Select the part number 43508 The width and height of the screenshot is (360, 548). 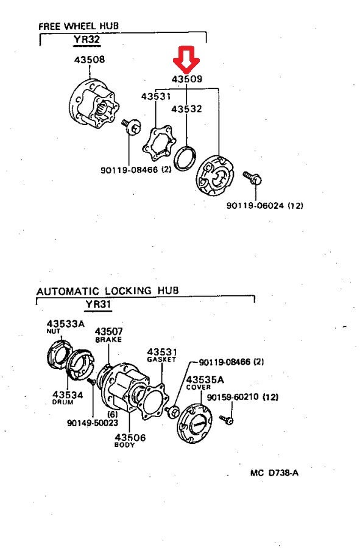pyautogui.click(x=90, y=60)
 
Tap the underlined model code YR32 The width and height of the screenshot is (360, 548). pyautogui.click(x=87, y=40)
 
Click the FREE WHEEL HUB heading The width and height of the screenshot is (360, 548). pyautogui.click(x=79, y=26)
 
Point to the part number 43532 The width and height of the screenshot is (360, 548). pyautogui.click(x=186, y=109)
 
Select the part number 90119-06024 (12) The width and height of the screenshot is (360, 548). pyautogui.click(x=264, y=206)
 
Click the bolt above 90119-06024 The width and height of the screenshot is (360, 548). pyautogui.click(x=253, y=178)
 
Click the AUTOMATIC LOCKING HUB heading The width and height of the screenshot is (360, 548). pyautogui.click(x=108, y=291)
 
